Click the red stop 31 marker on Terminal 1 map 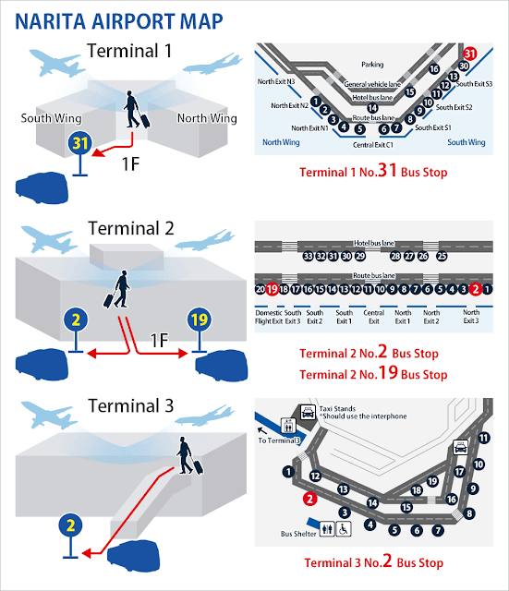tap(469, 54)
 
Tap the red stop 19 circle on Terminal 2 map tap(272, 289)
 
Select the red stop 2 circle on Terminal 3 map tap(309, 499)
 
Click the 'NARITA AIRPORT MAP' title tap(119, 21)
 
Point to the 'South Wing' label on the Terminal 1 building tap(52, 118)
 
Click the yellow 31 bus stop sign tap(80, 143)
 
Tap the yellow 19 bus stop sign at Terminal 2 tap(200, 320)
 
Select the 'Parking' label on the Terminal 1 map tap(372, 65)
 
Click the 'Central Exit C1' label tap(373, 145)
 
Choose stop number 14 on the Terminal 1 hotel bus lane tap(372, 108)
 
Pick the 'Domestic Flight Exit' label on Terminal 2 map tap(269, 317)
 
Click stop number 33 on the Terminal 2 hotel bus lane tap(308, 257)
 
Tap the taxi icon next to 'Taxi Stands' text tap(308, 412)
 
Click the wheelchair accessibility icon tap(344, 529)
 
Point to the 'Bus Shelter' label tap(298, 534)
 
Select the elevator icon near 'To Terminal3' tap(288, 426)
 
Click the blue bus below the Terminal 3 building tap(133, 556)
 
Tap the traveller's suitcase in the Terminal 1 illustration tap(144, 119)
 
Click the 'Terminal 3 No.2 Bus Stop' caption tap(373, 561)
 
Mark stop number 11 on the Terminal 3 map tap(484, 438)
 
